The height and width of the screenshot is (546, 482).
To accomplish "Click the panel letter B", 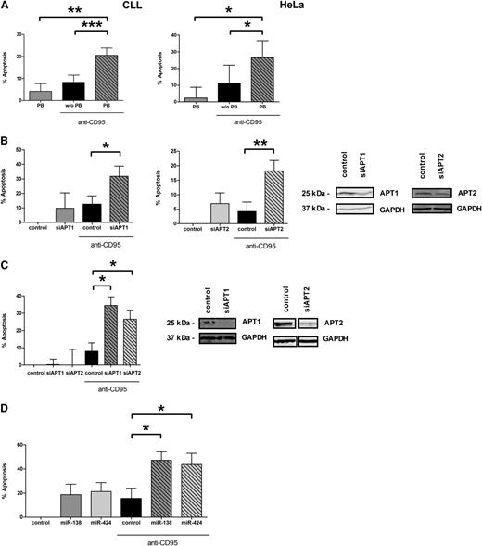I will pos(7,143).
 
